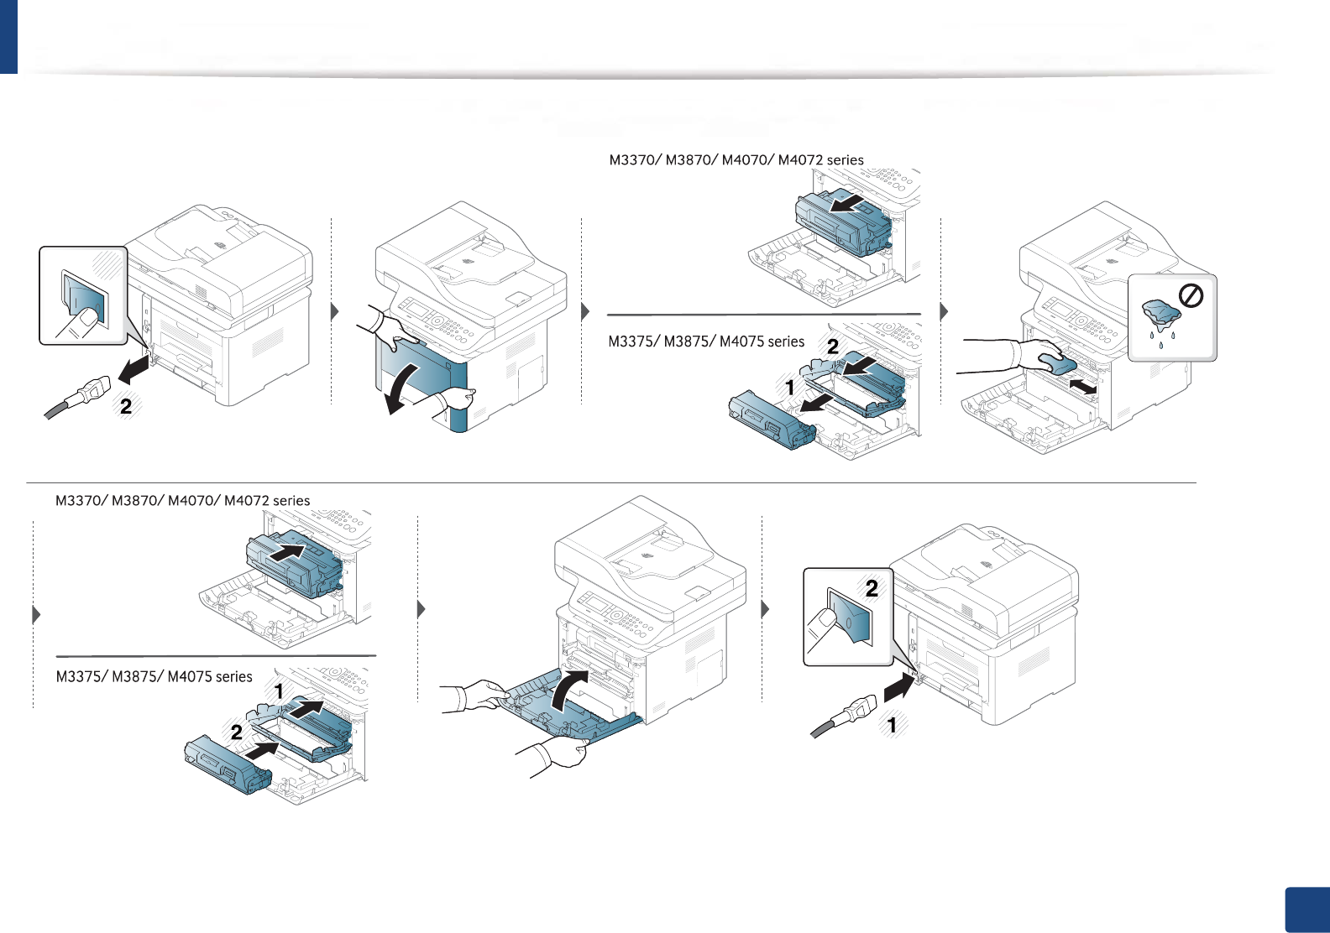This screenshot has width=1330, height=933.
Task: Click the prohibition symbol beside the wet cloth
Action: pyautogui.click(x=1191, y=295)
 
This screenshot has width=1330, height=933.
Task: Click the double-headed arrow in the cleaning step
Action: pyautogui.click(x=1082, y=387)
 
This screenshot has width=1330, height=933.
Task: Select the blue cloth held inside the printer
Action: pyautogui.click(x=1056, y=363)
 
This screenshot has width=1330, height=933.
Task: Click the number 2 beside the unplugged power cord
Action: pyautogui.click(x=126, y=407)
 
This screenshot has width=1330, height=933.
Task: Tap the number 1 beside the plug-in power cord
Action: pyautogui.click(x=892, y=725)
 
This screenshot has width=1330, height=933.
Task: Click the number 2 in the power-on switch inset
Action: pyautogui.click(x=872, y=589)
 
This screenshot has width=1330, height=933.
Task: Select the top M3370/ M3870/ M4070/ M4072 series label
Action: pyautogui.click(x=736, y=160)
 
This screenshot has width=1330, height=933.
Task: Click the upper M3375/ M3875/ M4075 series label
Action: pyautogui.click(x=706, y=341)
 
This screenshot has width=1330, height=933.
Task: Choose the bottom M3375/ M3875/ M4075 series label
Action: pyautogui.click(x=154, y=676)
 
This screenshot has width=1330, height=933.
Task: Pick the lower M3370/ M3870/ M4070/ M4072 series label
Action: pyautogui.click(x=182, y=501)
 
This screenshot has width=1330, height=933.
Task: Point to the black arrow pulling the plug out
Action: pyautogui.click(x=134, y=367)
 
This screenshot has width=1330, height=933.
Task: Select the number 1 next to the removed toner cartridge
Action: pyautogui.click(x=789, y=388)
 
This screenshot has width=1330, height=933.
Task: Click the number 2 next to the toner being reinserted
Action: pyautogui.click(x=237, y=732)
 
